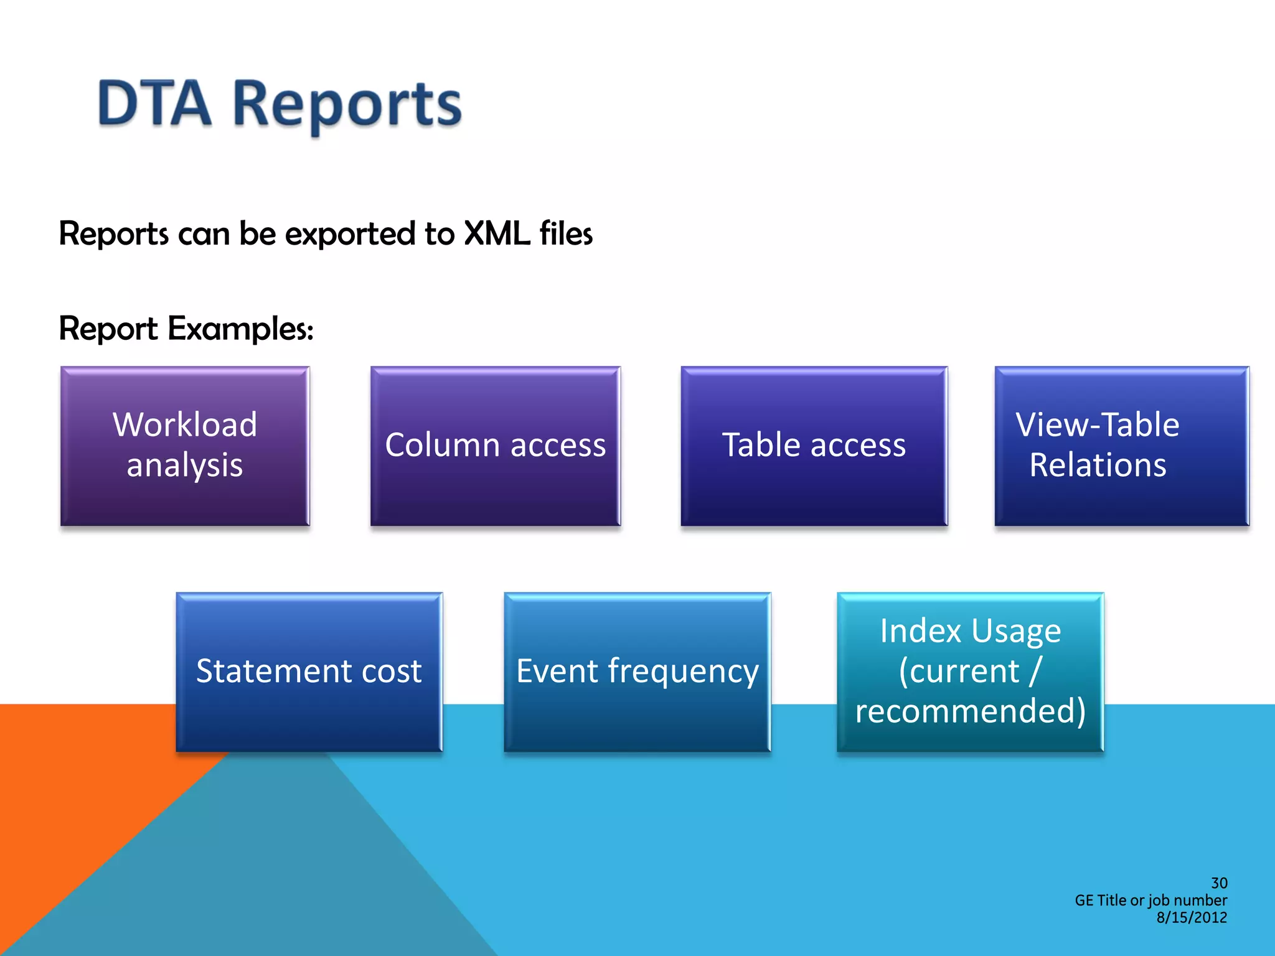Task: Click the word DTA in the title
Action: (x=154, y=104)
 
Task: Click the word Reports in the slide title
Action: (x=347, y=106)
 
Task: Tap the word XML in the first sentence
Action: (x=497, y=234)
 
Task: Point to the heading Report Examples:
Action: (x=186, y=329)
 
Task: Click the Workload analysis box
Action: (x=185, y=446)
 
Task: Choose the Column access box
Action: (x=496, y=446)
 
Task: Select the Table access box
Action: (x=814, y=446)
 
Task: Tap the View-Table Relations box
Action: (x=1122, y=446)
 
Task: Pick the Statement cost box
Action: (x=309, y=672)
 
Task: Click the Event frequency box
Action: (x=637, y=672)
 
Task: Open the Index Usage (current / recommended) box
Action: (x=970, y=672)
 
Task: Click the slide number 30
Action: (x=1219, y=883)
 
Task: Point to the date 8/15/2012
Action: (x=1192, y=917)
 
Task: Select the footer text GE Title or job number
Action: (x=1150, y=900)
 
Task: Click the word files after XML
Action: (x=566, y=234)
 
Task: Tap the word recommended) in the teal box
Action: (x=970, y=711)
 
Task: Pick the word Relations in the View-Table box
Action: (x=1098, y=466)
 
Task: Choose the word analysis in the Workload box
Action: (x=185, y=466)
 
